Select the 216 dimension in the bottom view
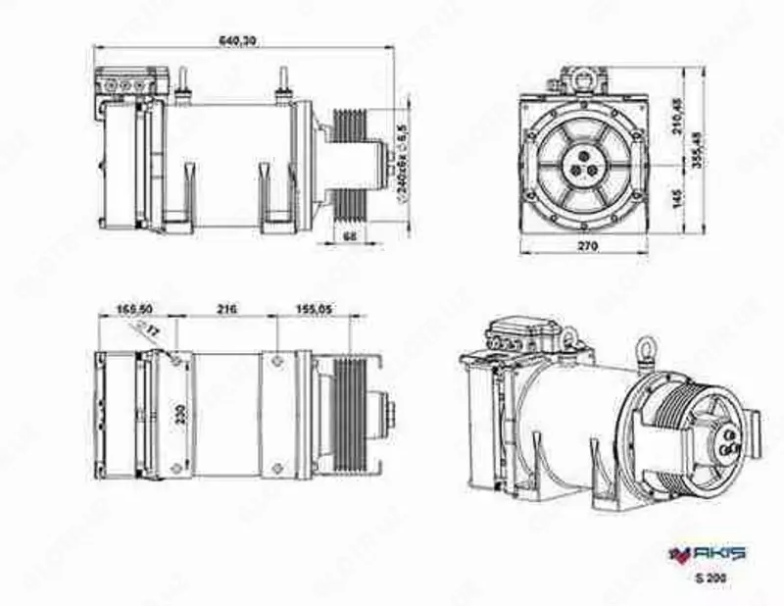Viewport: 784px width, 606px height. coord(226,309)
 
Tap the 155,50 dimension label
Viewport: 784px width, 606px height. coord(134,309)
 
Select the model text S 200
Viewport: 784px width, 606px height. coord(708,579)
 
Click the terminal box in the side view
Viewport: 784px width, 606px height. coord(128,83)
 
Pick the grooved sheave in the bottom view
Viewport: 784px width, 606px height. coord(349,414)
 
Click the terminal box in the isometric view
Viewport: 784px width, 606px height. coord(522,333)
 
